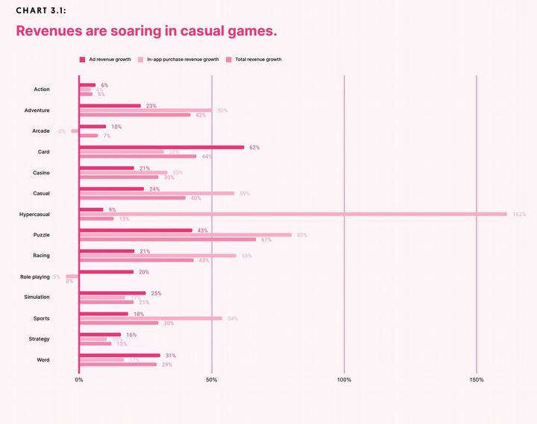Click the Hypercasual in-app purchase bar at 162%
coord(292,214)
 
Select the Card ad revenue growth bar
coord(161,148)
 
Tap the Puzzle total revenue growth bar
coord(167,239)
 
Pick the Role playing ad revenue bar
coord(106,272)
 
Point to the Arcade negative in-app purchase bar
coord(75,131)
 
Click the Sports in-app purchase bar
coord(151,318)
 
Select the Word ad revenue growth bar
coord(119,355)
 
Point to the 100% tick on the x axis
coord(344,380)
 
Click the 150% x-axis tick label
coord(477,380)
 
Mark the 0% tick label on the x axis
coord(79,380)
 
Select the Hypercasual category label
coord(35,215)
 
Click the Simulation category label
coord(37,297)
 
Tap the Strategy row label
coord(39,339)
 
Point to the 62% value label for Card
coord(254,148)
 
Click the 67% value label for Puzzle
coord(266,240)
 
